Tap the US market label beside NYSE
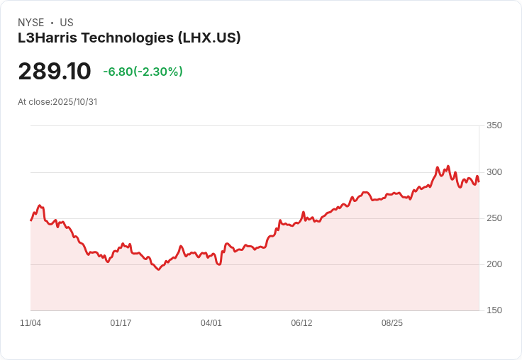[x=67, y=23]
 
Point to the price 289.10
[x=55, y=71]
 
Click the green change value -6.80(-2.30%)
[x=143, y=72]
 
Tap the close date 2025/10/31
[x=74, y=101]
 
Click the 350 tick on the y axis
[x=494, y=125]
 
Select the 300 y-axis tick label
[x=494, y=172]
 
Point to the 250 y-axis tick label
[x=494, y=218]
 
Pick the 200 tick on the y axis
[x=494, y=264]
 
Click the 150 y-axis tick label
[x=494, y=310]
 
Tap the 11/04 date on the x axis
[x=30, y=323]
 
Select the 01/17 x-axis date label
[x=121, y=323]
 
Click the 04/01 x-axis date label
[x=211, y=323]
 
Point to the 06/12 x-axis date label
[x=301, y=323]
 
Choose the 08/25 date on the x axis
[x=392, y=323]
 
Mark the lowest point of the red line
[x=158, y=269]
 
